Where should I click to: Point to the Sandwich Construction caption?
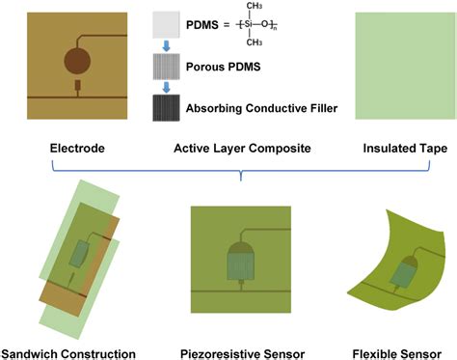click(67, 350)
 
